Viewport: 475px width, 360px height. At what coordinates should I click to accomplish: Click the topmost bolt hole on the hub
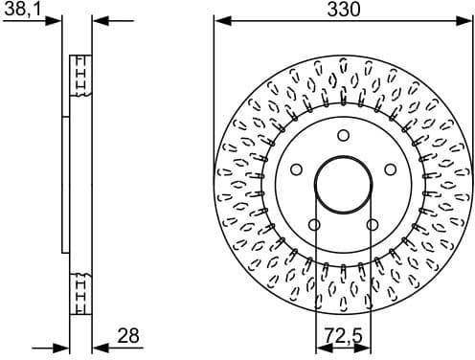pos(343,136)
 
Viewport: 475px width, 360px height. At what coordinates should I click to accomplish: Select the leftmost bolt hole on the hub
pos(296,169)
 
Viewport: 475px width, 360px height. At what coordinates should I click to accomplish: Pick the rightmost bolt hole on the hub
pos(390,169)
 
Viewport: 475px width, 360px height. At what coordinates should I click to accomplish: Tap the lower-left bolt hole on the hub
pos(314,225)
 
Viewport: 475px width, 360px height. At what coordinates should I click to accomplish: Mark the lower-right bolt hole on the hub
pos(372,225)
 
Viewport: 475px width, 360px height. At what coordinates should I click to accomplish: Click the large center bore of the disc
pos(343,185)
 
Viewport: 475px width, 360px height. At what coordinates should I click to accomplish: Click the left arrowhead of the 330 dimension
pos(219,20)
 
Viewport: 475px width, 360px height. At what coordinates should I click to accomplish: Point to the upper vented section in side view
pos(81,76)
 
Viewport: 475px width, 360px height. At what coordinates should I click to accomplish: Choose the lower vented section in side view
pos(81,293)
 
